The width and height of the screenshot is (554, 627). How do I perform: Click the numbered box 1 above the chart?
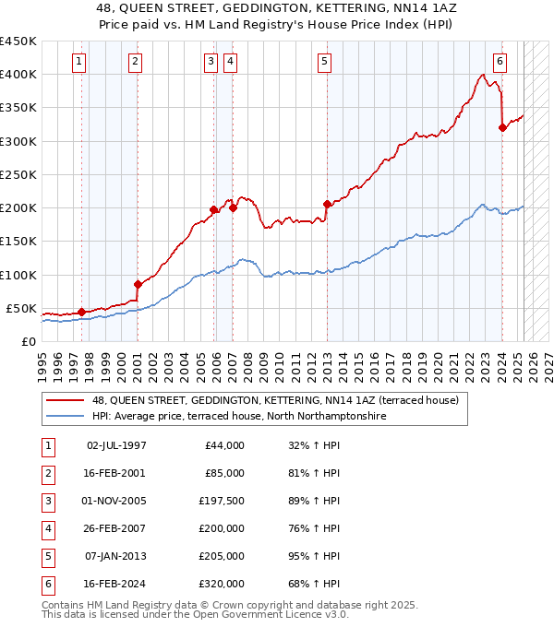tap(79, 62)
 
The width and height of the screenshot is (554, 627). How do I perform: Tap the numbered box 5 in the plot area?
tap(325, 62)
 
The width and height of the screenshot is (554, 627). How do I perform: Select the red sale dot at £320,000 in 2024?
tap(502, 128)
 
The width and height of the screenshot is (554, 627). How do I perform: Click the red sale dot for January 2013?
tap(327, 205)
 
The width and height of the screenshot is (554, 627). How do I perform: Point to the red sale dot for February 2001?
tap(138, 284)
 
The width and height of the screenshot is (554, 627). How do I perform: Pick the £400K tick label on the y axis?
tap(19, 75)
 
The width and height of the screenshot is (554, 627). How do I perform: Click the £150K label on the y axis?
tap(19, 242)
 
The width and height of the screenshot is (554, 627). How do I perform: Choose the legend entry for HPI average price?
tap(238, 416)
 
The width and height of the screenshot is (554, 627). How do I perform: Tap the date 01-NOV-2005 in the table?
tap(115, 501)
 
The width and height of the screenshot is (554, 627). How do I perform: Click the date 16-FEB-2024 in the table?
tap(115, 584)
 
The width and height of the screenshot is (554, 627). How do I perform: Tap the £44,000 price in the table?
tap(224, 445)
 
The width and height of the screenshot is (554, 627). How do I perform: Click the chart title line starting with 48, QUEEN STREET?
tap(277, 7)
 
